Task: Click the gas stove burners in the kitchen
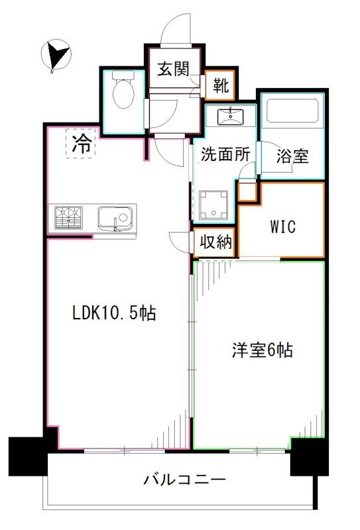pyautogui.click(x=68, y=217)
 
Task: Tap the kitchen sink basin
pyautogui.click(x=115, y=217)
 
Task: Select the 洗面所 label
pyautogui.click(x=225, y=154)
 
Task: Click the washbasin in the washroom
pyautogui.click(x=231, y=117)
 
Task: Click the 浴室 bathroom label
pyautogui.click(x=292, y=156)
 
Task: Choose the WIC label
pyautogui.click(x=282, y=226)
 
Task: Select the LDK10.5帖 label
pyautogui.click(x=114, y=313)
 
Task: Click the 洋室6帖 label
pyautogui.click(x=261, y=350)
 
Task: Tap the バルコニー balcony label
pyautogui.click(x=185, y=480)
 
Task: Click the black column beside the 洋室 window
pyautogui.click(x=309, y=456)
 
